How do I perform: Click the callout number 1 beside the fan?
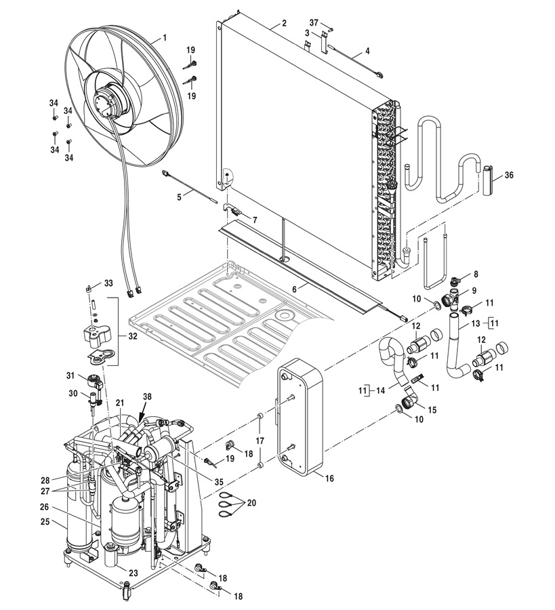point(165,38)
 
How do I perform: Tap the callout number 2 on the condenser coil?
point(285,23)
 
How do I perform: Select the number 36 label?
point(509,176)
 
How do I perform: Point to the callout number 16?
point(329,478)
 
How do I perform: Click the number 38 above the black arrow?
point(147,396)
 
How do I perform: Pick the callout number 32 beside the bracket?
point(133,336)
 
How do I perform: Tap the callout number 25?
point(45,521)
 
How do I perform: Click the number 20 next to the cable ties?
point(251,503)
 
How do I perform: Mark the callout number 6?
point(294,289)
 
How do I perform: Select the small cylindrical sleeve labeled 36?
point(488,180)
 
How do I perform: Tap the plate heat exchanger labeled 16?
point(300,417)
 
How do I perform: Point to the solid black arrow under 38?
point(141,412)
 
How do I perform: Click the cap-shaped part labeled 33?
point(88,289)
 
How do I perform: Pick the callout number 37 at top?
point(314,22)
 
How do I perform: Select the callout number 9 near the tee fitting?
point(474,291)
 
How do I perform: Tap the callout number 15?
point(432,409)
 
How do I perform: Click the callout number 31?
point(70,375)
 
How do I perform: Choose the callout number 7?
point(255,220)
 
